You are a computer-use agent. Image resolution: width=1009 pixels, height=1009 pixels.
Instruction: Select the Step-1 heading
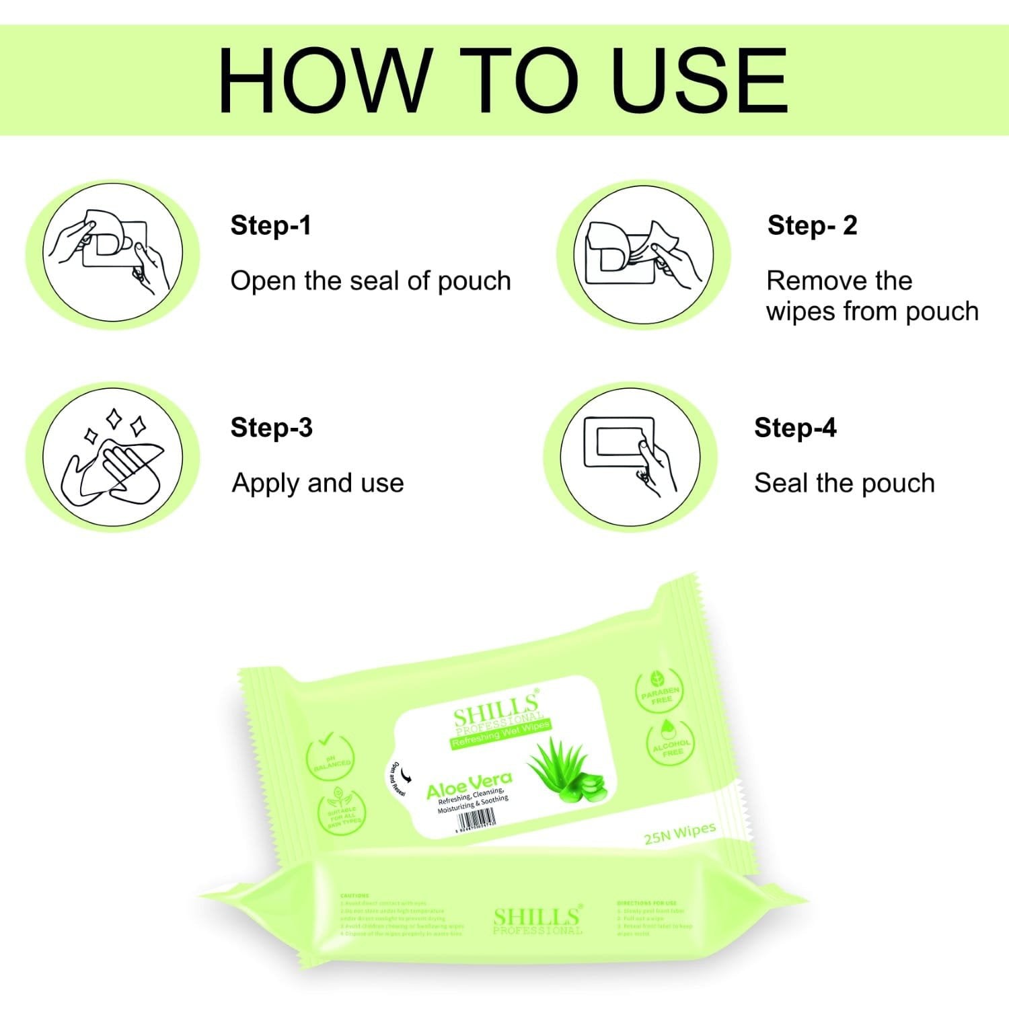coord(270,225)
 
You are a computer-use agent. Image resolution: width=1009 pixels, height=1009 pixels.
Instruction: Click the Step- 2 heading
coord(812,225)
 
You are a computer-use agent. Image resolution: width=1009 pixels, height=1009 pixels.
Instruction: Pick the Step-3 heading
coord(271,428)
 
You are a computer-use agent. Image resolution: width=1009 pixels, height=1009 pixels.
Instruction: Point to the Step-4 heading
coord(795,428)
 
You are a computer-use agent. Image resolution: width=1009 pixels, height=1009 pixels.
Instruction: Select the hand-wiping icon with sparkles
coord(112,457)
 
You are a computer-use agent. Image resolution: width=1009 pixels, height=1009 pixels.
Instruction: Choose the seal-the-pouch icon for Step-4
coord(630,457)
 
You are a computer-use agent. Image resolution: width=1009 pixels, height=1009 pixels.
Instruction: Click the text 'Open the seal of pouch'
coord(371,281)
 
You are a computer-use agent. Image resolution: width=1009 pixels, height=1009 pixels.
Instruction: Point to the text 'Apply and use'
coord(317,483)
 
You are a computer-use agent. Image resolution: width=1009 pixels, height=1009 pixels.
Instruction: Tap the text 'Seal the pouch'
coord(844,483)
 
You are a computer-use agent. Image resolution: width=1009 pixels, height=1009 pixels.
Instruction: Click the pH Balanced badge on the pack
coord(330,758)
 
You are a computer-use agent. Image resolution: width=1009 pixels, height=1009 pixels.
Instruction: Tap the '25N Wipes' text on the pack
coord(679,833)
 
